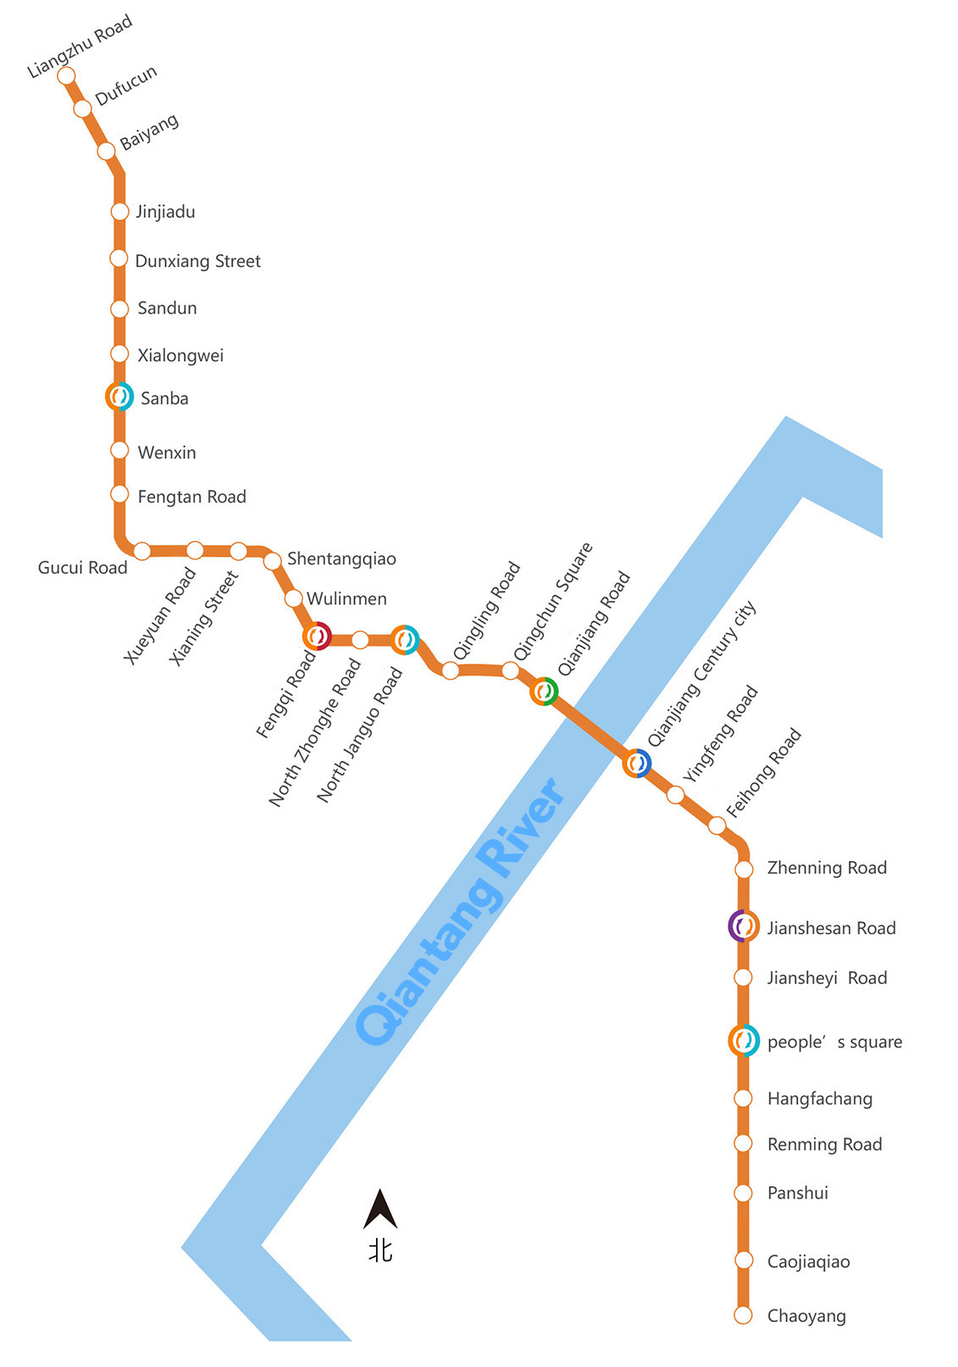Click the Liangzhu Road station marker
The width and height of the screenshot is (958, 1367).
pyautogui.click(x=66, y=75)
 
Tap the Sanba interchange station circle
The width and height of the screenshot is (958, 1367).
pyautogui.click(x=119, y=396)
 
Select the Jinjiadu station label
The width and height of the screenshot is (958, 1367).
pyautogui.click(x=165, y=213)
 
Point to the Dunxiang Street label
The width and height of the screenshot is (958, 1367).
pyautogui.click(x=197, y=261)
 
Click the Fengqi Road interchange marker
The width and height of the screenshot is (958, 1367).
pyautogui.click(x=317, y=636)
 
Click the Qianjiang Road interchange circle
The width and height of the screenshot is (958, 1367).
pyautogui.click(x=544, y=692)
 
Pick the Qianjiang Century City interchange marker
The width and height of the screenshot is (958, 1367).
pyautogui.click(x=637, y=763)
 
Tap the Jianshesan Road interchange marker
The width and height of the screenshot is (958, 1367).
pyautogui.click(x=744, y=925)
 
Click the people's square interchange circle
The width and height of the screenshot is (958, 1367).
pyautogui.click(x=744, y=1041)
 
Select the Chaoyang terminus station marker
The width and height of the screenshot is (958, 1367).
pyautogui.click(x=743, y=1315)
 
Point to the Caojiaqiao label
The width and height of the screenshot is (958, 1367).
pyautogui.click(x=808, y=1261)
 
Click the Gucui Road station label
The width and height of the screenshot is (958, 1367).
pyautogui.click(x=82, y=568)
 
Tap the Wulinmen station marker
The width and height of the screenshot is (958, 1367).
pyautogui.click(x=293, y=598)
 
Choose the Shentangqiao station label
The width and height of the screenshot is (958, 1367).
pyautogui.click(x=341, y=559)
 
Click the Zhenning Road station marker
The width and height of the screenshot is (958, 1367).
pyautogui.click(x=744, y=869)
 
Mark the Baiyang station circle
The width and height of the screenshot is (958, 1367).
pyautogui.click(x=106, y=150)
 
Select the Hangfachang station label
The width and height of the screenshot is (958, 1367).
pyautogui.click(x=820, y=1098)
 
